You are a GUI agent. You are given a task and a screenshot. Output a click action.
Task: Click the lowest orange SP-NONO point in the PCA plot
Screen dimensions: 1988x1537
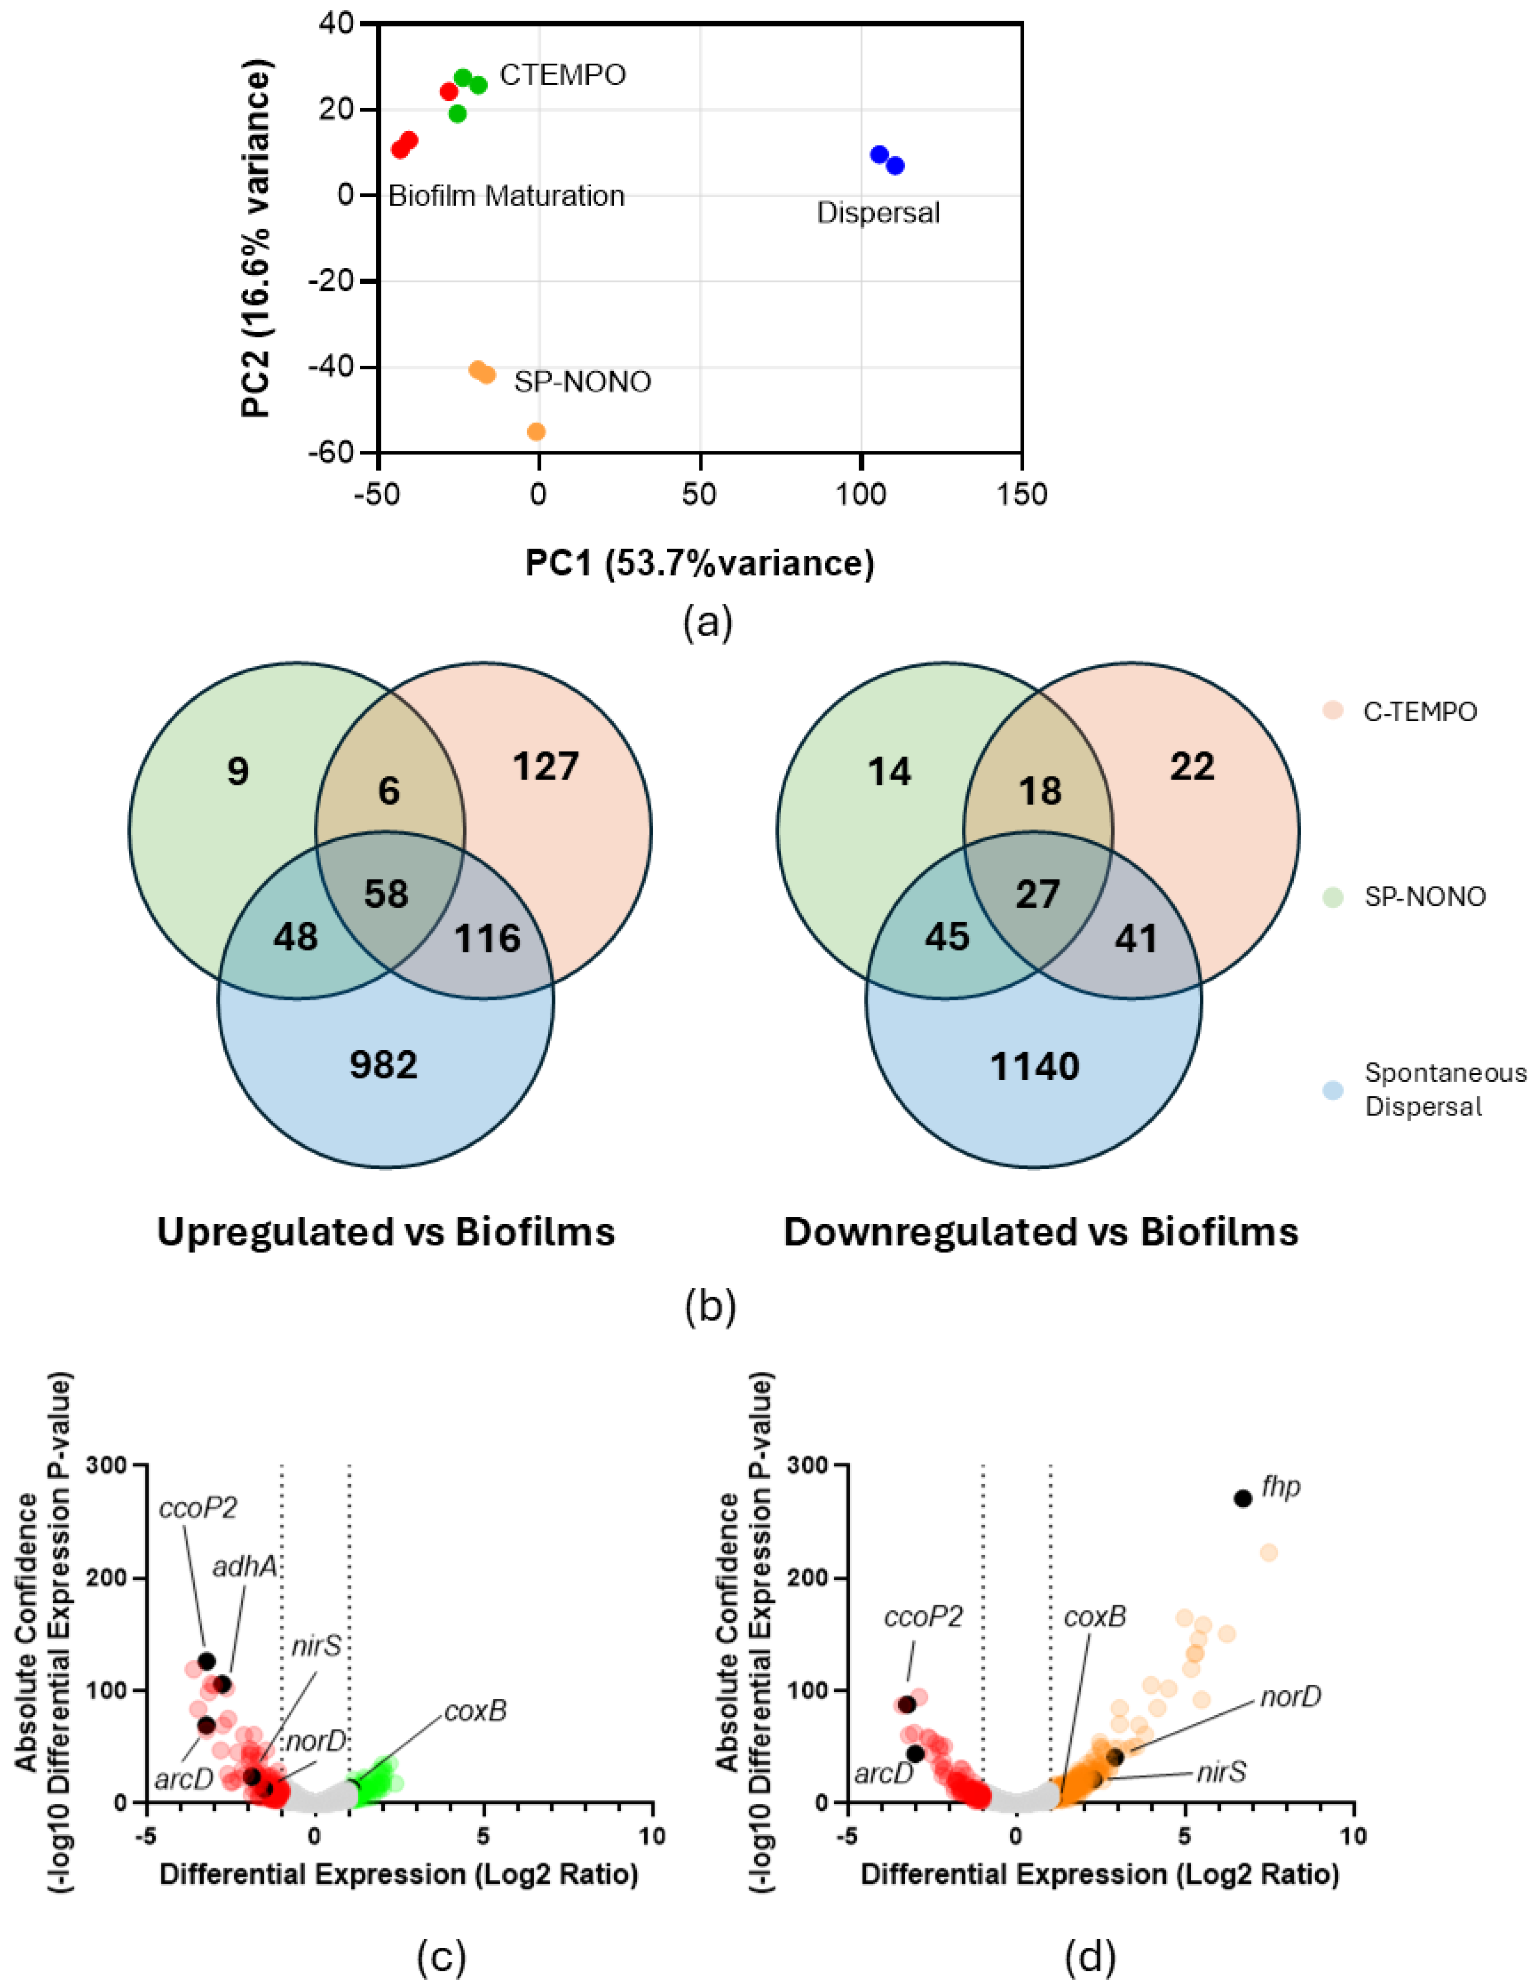pos(537,431)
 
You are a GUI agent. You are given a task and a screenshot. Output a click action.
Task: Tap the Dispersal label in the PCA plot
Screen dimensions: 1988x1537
pos(878,213)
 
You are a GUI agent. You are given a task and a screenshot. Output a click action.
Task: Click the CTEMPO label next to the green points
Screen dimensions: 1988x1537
pos(562,74)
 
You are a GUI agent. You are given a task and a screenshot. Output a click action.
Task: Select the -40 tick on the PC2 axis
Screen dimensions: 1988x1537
pos(332,367)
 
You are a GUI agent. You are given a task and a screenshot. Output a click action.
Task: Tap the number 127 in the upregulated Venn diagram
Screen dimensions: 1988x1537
pos(545,766)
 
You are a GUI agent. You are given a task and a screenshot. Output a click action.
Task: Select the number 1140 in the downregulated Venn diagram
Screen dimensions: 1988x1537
pos(1035,1066)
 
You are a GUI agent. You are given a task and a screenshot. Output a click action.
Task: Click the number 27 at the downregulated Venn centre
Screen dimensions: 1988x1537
pos(1037,894)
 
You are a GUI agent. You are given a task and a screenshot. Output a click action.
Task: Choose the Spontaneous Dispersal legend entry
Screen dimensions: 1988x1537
pos(1444,1089)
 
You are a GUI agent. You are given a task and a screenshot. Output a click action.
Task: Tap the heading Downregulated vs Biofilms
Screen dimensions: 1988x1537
pos(1040,1232)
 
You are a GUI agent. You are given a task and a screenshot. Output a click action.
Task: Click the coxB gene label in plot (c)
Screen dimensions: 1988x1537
pos(475,1711)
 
